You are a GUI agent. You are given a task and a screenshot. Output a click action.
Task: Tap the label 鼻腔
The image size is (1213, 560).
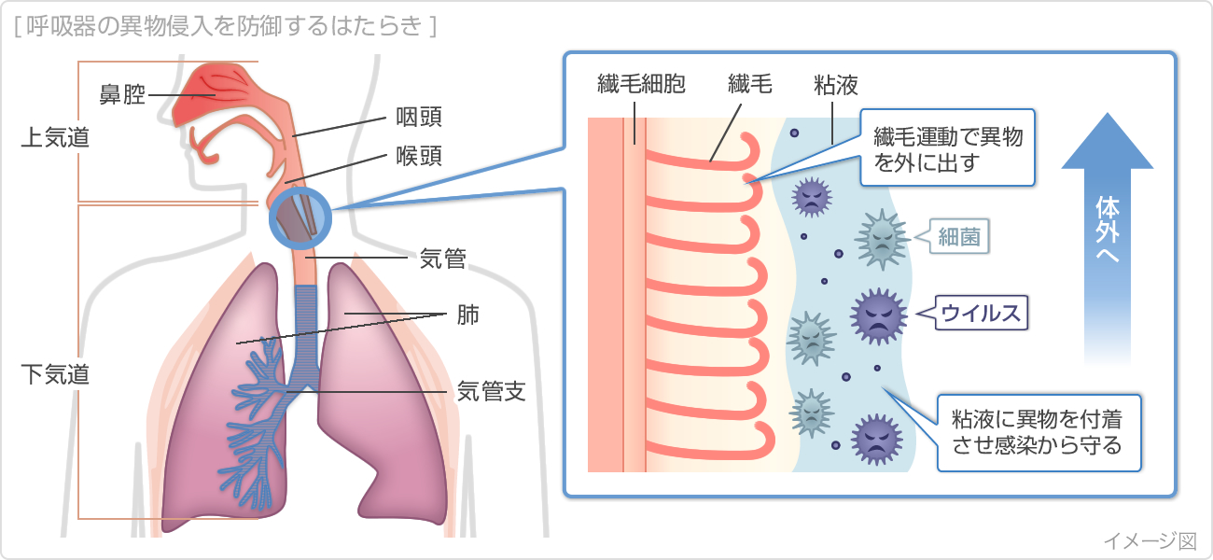point(122,94)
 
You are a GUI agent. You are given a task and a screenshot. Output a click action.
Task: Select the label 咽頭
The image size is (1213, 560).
point(419,118)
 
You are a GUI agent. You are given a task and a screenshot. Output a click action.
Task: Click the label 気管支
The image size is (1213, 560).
point(491,391)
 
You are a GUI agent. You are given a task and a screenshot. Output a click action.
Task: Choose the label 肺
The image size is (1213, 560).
point(467,315)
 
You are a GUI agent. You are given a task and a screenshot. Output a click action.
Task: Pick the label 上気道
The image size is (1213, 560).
point(55,137)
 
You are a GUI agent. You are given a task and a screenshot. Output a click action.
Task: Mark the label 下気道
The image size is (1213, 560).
point(55,375)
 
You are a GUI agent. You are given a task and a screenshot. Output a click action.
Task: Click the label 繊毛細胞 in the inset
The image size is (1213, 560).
point(641,86)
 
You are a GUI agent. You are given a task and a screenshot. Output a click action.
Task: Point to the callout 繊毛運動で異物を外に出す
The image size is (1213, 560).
point(947,149)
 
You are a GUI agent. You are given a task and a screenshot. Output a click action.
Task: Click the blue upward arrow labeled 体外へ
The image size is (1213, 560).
point(1108,233)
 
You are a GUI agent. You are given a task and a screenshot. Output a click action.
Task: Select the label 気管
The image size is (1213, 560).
point(443,258)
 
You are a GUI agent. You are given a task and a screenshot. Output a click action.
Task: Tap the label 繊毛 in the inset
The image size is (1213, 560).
point(749,86)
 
